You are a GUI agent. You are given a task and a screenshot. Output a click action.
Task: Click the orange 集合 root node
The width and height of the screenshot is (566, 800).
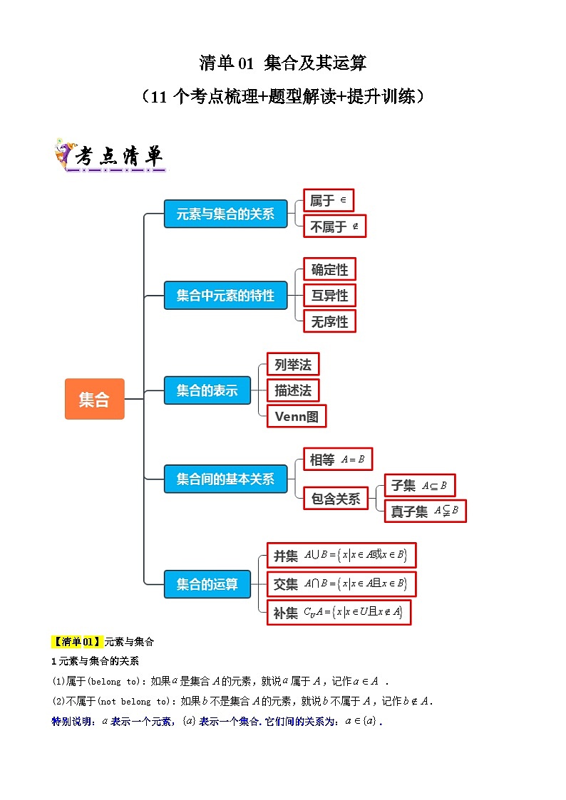[x=94, y=399]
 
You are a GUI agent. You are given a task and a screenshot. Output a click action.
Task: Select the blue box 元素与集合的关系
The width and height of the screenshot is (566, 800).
[x=225, y=214]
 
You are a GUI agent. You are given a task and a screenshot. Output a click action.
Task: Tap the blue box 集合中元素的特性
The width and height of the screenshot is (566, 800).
[x=225, y=295]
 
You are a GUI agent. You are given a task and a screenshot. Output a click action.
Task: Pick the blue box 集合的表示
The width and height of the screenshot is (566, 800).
[x=207, y=390]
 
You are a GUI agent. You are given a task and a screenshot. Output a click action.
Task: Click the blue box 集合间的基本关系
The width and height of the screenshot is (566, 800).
[x=225, y=479]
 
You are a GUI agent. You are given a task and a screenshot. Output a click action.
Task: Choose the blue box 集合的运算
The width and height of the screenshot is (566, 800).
[x=207, y=585]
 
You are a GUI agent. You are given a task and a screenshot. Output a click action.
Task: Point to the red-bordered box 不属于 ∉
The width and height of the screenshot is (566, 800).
[x=334, y=227]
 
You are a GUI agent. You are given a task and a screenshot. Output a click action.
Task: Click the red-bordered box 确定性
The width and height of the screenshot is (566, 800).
[x=329, y=269]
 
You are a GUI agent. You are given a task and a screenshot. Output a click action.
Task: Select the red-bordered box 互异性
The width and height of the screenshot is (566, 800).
[x=329, y=295]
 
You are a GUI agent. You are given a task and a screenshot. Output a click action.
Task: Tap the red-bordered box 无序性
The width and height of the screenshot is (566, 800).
[x=329, y=321]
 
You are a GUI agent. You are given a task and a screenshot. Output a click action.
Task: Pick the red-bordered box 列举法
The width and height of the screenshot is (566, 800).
[x=293, y=365]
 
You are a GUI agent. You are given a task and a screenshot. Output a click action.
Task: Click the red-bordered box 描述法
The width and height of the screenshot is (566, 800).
[x=293, y=390]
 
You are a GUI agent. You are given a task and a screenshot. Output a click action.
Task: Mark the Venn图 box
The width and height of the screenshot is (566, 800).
[x=297, y=416]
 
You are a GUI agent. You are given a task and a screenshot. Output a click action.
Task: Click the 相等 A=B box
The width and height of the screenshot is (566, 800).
[x=337, y=459]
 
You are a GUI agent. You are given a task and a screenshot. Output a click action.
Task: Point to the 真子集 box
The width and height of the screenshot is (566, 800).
[x=426, y=511]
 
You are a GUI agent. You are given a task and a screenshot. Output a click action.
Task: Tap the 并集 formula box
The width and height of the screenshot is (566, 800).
[x=341, y=555]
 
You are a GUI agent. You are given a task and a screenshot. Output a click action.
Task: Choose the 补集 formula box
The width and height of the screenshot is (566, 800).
[x=339, y=612]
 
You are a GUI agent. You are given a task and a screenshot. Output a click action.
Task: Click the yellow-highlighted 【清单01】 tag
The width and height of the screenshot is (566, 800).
[x=78, y=641]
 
